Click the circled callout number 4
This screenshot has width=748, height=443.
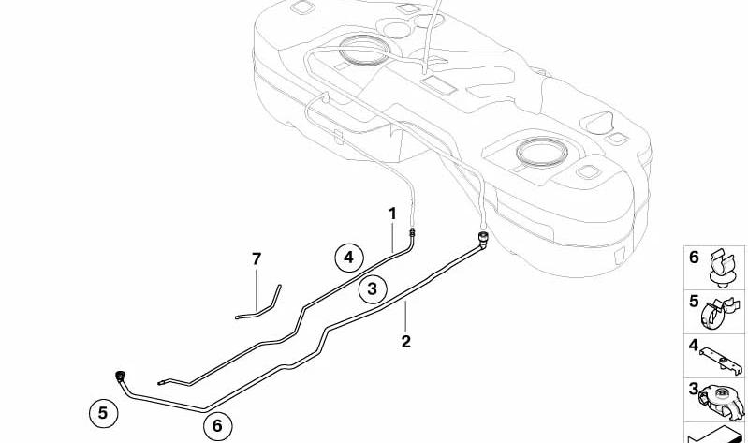(x=348, y=258)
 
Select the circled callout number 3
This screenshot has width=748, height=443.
(x=372, y=288)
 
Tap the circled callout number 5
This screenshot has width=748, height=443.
(x=103, y=412)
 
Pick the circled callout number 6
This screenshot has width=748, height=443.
(x=217, y=425)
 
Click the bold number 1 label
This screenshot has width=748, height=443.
(x=392, y=214)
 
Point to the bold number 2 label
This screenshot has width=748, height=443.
(x=405, y=341)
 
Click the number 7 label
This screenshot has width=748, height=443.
(x=257, y=258)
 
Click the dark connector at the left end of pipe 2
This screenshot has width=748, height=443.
(x=120, y=375)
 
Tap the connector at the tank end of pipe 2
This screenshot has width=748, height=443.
(x=483, y=237)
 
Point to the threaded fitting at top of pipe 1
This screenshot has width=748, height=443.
(x=411, y=232)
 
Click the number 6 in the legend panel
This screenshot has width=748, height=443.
(x=694, y=258)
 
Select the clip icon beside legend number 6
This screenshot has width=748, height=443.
(x=720, y=268)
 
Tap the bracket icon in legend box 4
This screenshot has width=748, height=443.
(x=721, y=361)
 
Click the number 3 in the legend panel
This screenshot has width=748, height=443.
(x=694, y=389)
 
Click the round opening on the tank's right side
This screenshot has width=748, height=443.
(x=541, y=153)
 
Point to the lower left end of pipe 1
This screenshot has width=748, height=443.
(x=159, y=383)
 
